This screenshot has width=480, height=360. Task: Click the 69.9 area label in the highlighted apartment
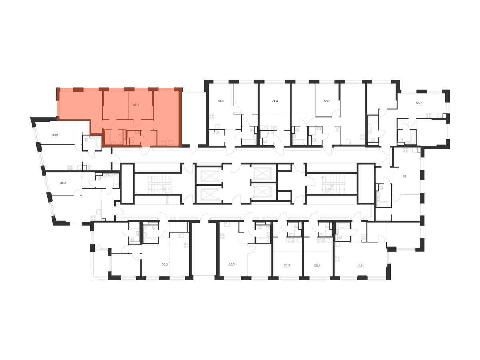click(x=136, y=105)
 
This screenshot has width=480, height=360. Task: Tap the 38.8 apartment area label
click(x=220, y=101)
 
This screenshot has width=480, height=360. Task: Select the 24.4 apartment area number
click(x=275, y=101)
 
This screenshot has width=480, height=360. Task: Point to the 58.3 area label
click(x=327, y=101)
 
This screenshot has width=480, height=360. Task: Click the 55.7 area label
click(x=418, y=103)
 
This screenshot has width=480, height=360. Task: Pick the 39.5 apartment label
click(x=55, y=135)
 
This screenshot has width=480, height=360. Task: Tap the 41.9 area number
click(x=63, y=183)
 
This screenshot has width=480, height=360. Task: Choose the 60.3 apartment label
click(x=164, y=264)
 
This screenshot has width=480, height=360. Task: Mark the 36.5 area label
click(x=232, y=264)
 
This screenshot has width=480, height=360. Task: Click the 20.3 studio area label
click(x=287, y=265)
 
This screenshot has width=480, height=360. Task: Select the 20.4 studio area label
click(x=317, y=265)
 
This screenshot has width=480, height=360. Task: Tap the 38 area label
click(x=404, y=176)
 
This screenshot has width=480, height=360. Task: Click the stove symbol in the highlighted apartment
click(x=164, y=143)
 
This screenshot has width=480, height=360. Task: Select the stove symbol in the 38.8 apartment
click(x=212, y=116)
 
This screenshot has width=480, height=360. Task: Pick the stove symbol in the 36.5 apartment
click(x=222, y=236)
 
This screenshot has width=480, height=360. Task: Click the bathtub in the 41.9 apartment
click(x=116, y=180)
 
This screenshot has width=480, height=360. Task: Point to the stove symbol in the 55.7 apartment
click(x=428, y=116)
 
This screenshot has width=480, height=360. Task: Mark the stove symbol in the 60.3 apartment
click(x=186, y=246)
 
